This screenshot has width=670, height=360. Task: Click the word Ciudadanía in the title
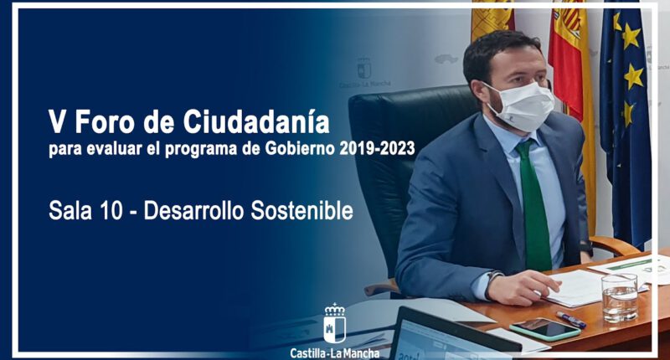(257, 121)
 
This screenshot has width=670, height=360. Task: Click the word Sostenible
(301, 210)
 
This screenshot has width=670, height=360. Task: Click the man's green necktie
(534, 205)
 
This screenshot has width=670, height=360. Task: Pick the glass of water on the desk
(620, 297)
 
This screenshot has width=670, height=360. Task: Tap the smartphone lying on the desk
(545, 329)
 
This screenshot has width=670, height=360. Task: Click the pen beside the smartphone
(571, 320)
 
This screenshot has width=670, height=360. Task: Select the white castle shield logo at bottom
(334, 324)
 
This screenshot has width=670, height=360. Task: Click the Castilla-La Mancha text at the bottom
(334, 353)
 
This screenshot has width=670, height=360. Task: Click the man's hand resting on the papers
(519, 287)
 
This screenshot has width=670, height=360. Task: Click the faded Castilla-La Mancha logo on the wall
(364, 73)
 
